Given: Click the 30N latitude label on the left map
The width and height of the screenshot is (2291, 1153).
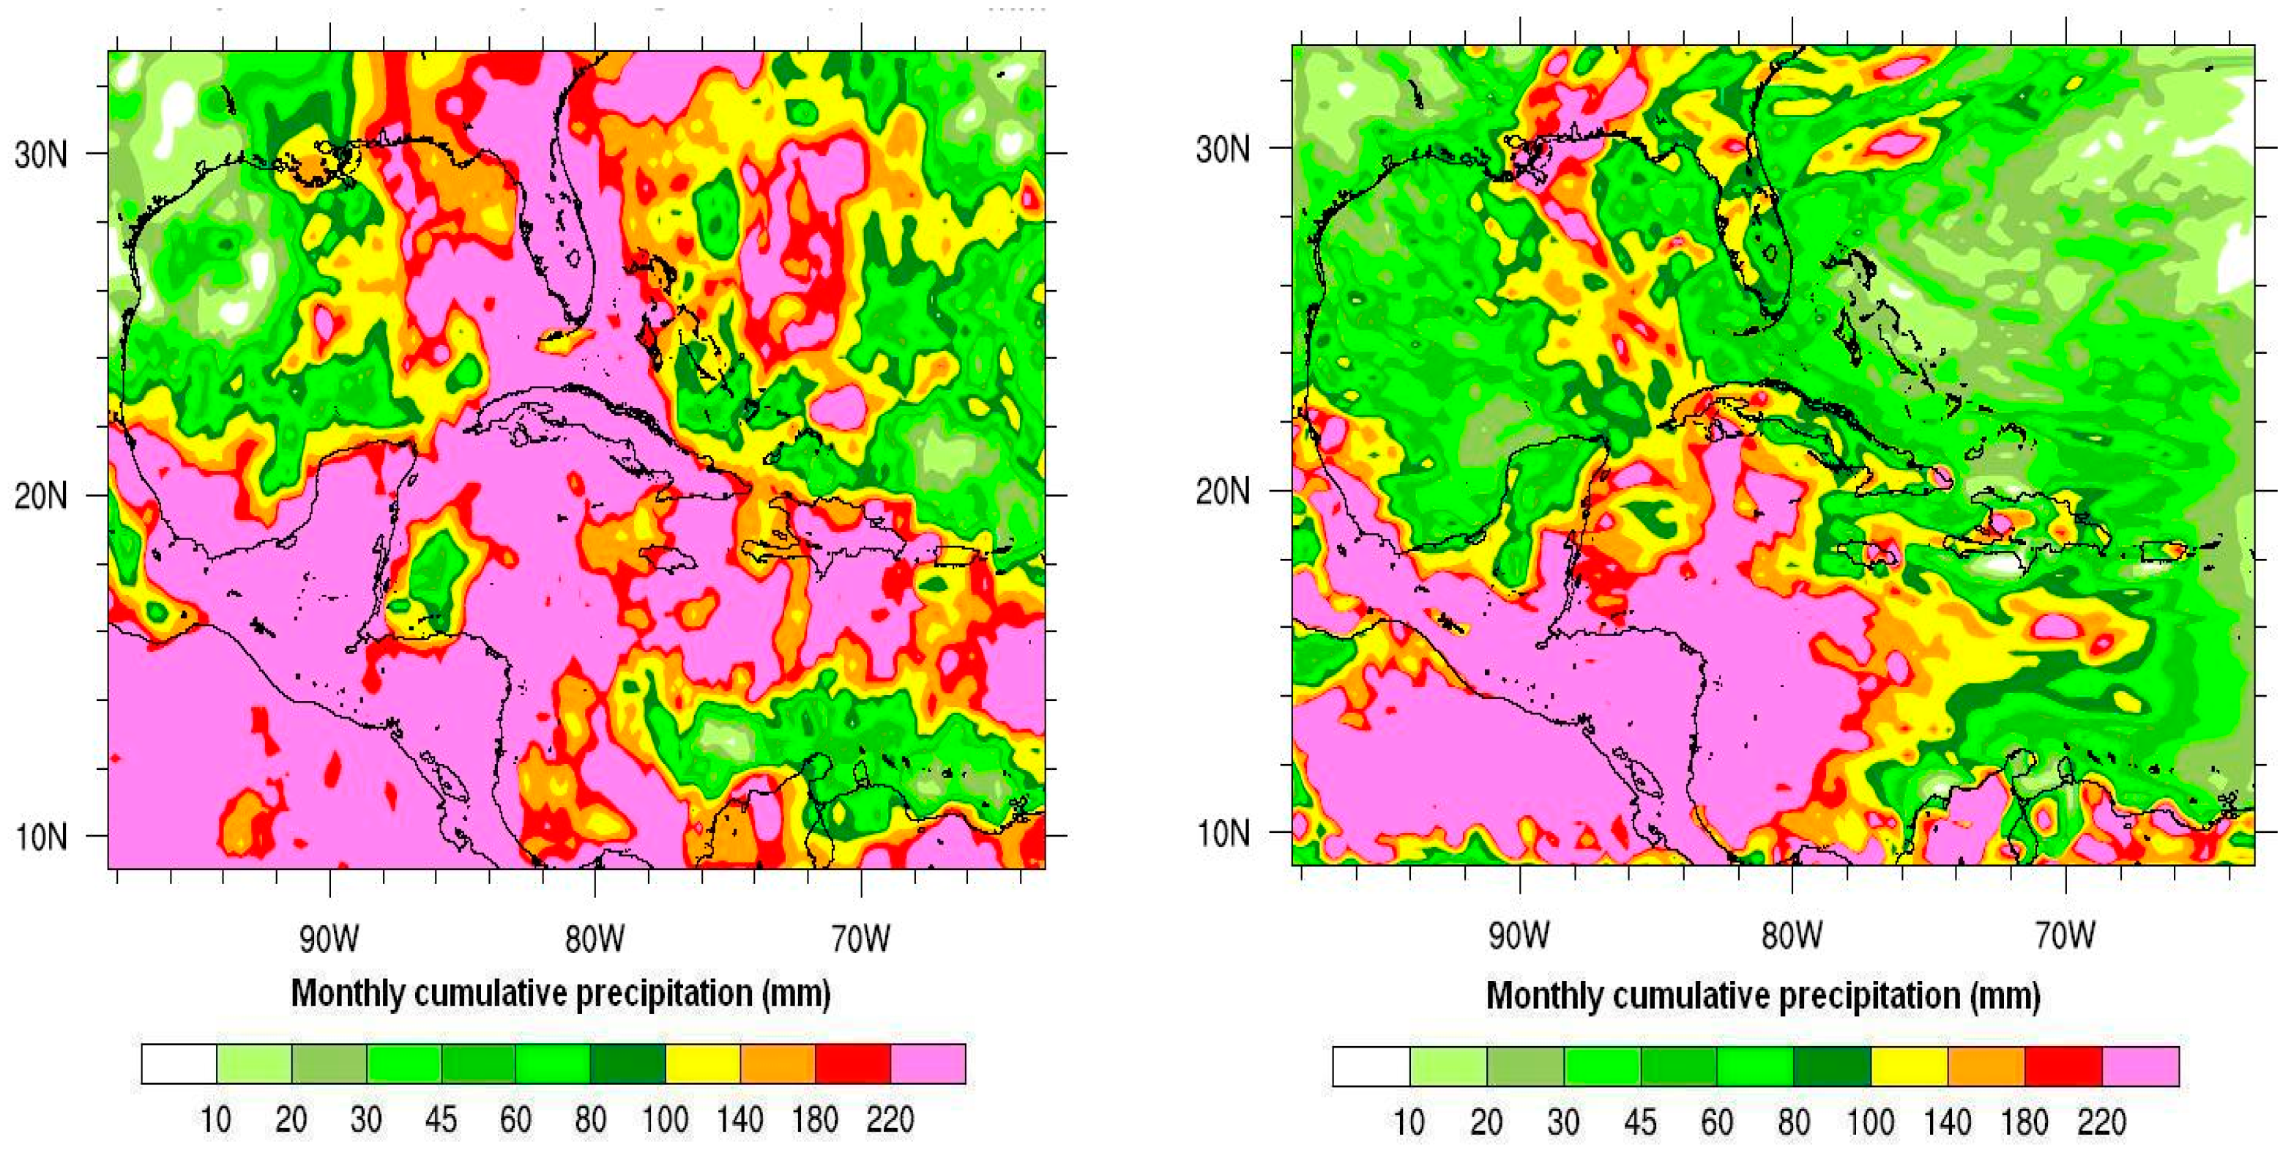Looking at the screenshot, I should [x=41, y=155].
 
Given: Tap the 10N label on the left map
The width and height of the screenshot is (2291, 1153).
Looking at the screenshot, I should [x=41, y=837].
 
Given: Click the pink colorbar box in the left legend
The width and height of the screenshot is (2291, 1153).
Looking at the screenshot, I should [x=928, y=1064].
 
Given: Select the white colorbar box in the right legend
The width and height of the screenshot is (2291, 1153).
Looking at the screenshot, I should [x=1371, y=1067].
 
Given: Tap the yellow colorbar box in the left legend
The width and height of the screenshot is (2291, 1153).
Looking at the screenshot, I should [x=703, y=1064].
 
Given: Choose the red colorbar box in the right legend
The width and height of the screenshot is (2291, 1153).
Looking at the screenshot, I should [x=2063, y=1067].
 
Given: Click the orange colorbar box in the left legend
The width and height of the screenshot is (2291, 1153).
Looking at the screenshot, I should [x=778, y=1064].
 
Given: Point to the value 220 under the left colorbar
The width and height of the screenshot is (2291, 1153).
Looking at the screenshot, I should [x=890, y=1119].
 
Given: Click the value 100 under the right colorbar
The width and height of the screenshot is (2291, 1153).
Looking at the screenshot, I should [x=1869, y=1122].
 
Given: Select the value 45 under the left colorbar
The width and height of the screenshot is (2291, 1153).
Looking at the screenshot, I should [x=440, y=1119].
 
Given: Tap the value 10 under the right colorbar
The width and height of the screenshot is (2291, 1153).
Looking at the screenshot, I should [x=1409, y=1122].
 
